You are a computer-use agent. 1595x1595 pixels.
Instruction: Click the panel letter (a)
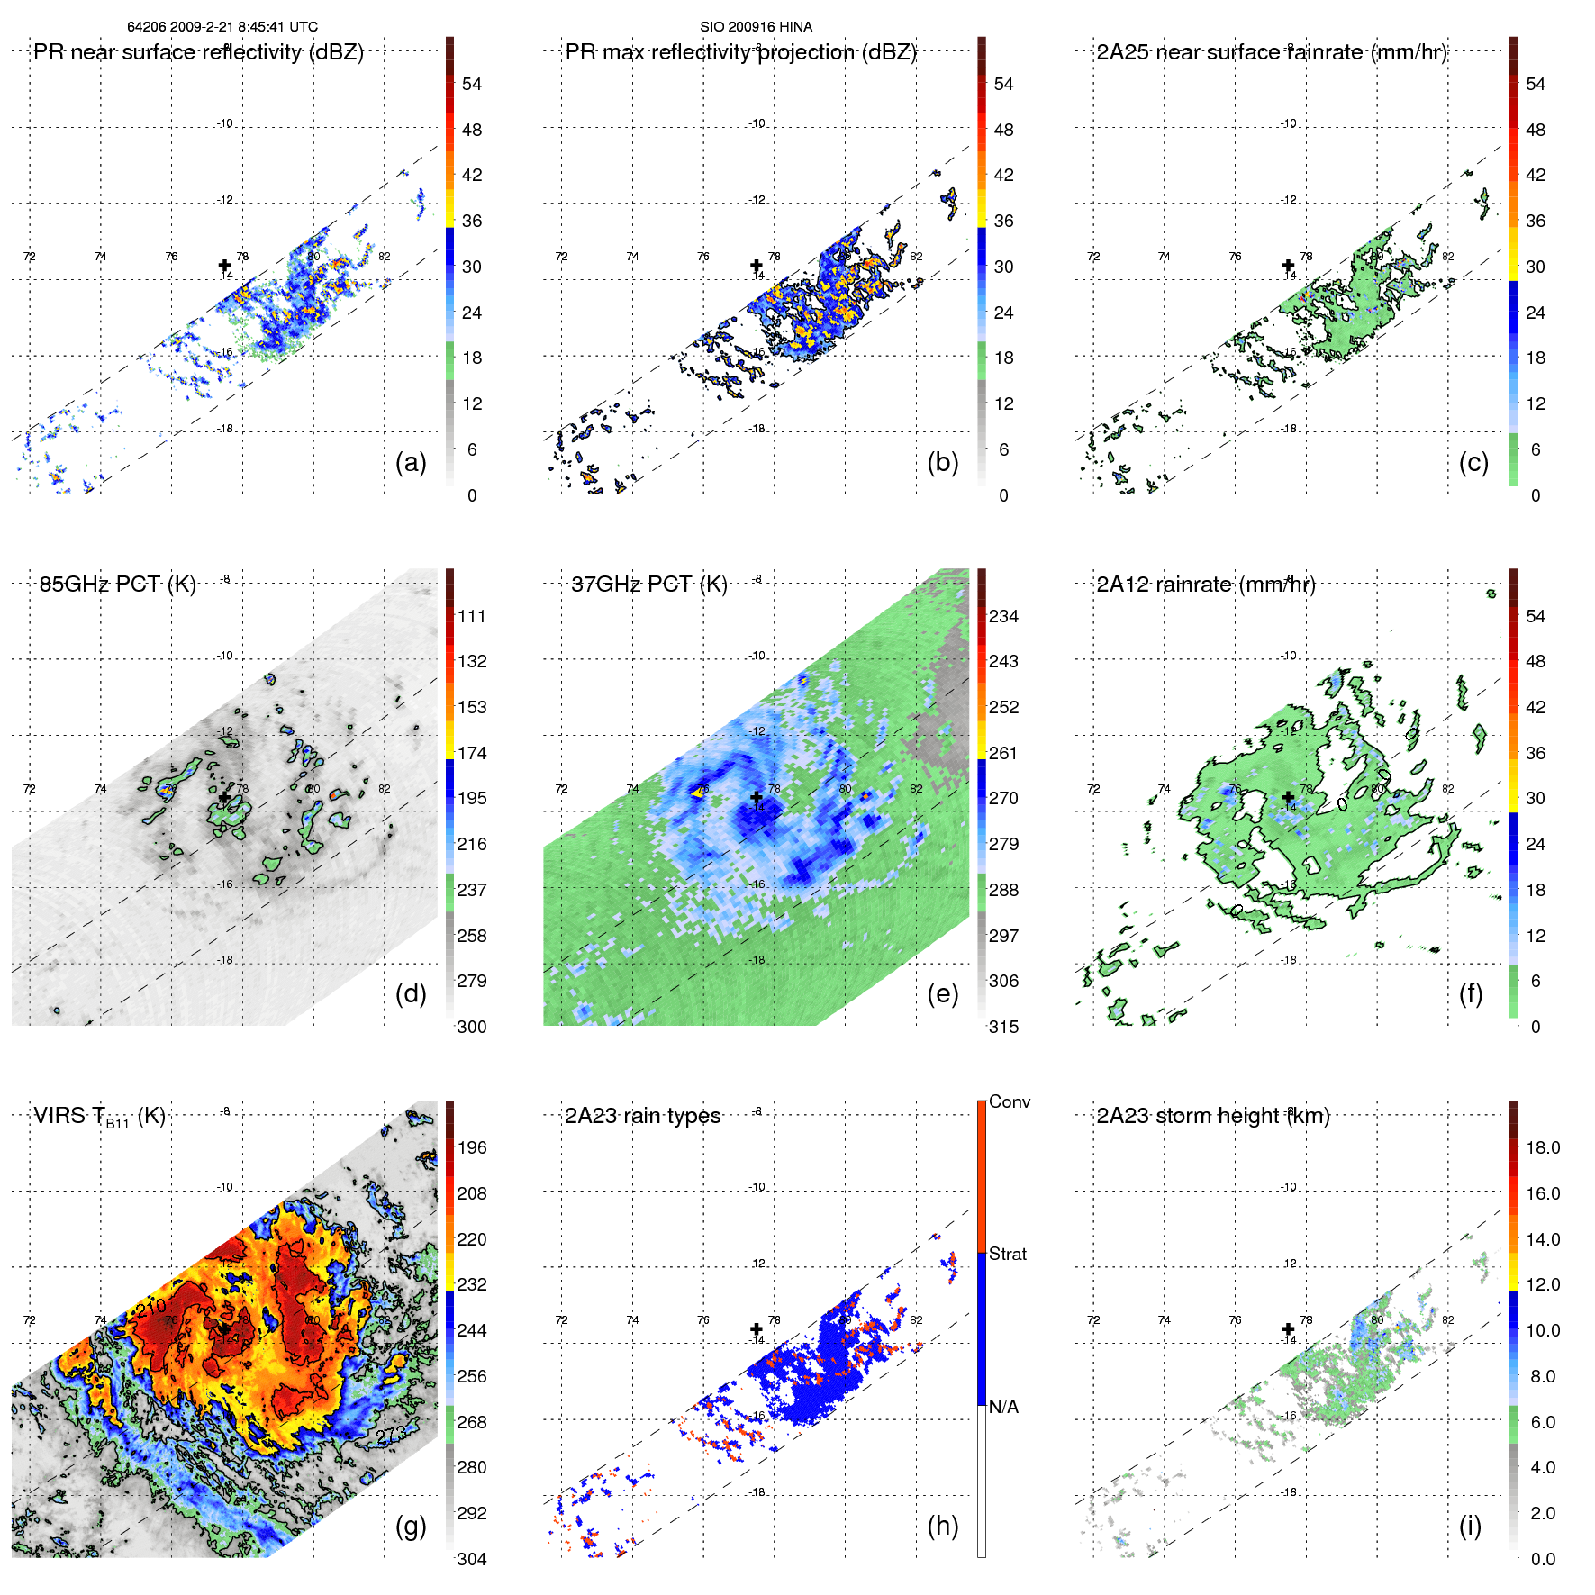coord(411,463)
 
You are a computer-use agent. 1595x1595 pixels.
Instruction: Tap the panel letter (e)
coord(942,994)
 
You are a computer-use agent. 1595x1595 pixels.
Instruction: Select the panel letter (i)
coord(1470,1526)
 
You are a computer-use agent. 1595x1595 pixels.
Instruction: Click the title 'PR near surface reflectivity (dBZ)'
coord(198,52)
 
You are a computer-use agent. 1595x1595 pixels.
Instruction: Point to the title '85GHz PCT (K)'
coord(117,585)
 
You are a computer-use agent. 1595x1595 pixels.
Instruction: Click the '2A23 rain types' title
coord(642,1116)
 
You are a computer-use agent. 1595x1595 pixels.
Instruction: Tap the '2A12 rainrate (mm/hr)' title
coord(1205,585)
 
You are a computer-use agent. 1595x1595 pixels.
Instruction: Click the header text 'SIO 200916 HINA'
coord(756,27)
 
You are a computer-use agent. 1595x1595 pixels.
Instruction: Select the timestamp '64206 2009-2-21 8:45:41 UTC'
coord(222,27)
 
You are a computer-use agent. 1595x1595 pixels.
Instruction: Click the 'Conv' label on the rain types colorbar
coord(1009,1101)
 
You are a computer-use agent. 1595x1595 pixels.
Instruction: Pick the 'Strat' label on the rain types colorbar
coord(1007,1254)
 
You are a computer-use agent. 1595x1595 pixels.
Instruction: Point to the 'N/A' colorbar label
coord(1003,1407)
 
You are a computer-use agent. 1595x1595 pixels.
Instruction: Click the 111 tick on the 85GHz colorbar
coord(472,616)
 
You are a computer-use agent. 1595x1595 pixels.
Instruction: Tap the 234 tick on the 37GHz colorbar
coord(1003,616)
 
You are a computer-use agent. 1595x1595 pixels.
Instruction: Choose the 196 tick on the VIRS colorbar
coord(472,1147)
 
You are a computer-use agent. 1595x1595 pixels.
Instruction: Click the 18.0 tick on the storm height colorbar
coord(1543,1147)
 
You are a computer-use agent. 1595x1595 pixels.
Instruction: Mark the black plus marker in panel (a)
coord(224,266)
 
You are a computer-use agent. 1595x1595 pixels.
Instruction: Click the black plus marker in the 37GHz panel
coord(757,797)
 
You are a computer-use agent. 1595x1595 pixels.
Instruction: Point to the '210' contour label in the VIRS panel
coord(151,1306)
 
